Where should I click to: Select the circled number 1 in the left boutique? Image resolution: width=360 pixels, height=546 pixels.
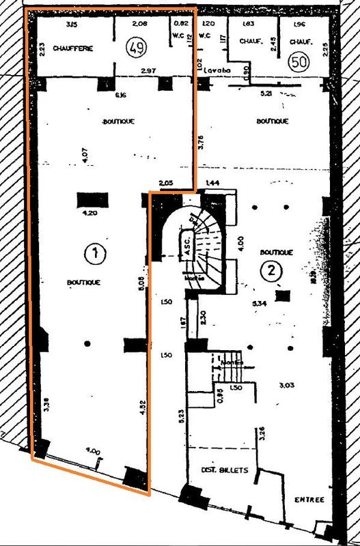[95, 254]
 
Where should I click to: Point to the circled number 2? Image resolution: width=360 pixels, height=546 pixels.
[272, 270]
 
